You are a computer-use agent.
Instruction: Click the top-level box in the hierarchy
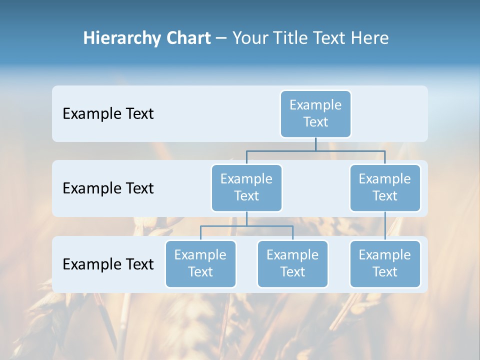point(315,113)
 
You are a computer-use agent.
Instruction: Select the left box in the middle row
point(246,187)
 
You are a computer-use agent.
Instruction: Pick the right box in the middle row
point(385,187)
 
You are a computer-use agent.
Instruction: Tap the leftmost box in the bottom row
point(200,263)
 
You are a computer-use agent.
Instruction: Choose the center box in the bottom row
point(292,263)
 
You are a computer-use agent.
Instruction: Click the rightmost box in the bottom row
point(385,263)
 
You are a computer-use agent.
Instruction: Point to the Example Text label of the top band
point(108,114)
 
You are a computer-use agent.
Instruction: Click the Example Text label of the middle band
point(108,188)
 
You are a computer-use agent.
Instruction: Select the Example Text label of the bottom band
point(108,264)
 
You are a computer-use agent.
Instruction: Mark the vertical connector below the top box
point(315,144)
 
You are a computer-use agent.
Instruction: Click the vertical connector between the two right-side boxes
point(385,226)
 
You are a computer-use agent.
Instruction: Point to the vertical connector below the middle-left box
point(246,218)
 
